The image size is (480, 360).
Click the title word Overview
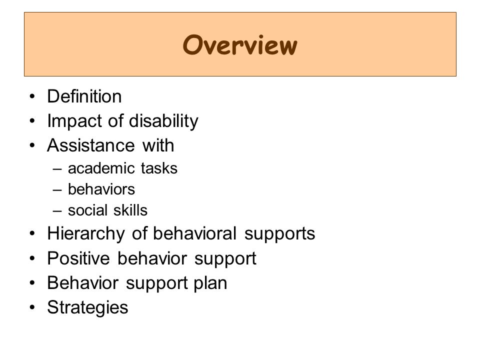tap(240, 45)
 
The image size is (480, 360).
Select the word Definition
tap(84, 96)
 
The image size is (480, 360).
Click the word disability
tap(164, 121)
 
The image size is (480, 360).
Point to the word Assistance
tap(91, 145)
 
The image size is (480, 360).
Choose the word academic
tap(101, 168)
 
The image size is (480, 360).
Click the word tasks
tap(159, 168)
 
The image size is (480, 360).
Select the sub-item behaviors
tap(101, 189)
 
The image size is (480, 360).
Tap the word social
tap(88, 210)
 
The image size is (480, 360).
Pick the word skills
tap(130, 210)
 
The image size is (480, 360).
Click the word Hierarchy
tap(86, 234)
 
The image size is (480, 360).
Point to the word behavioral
tap(194, 233)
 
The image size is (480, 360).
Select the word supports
tap(280, 234)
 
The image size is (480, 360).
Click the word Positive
tap(78, 258)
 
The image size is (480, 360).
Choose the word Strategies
tap(87, 307)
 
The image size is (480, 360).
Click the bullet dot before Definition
tap(32, 96)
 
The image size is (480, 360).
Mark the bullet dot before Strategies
tap(32, 307)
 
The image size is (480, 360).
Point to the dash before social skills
tap(57, 211)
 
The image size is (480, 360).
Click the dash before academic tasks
tap(57, 168)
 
